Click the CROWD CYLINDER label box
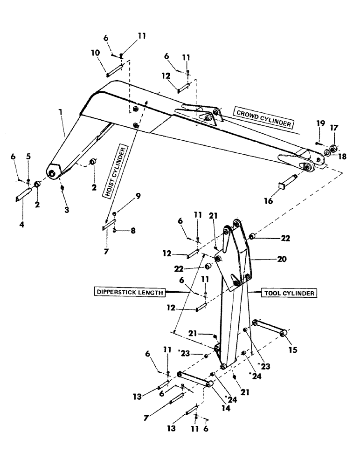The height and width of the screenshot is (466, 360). tap(264, 118)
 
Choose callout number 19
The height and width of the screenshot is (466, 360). tap(319, 123)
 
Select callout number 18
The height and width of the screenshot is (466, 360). tap(343, 157)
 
